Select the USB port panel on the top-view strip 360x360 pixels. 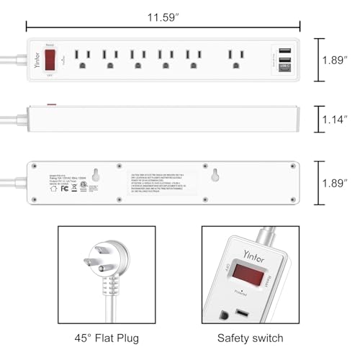pyautogui.click(x=282, y=58)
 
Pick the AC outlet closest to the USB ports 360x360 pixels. pyautogui.click(x=235, y=58)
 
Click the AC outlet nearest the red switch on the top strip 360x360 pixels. pyautogui.click(x=82, y=58)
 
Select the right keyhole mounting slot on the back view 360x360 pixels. pyautogui.click(x=214, y=173)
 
